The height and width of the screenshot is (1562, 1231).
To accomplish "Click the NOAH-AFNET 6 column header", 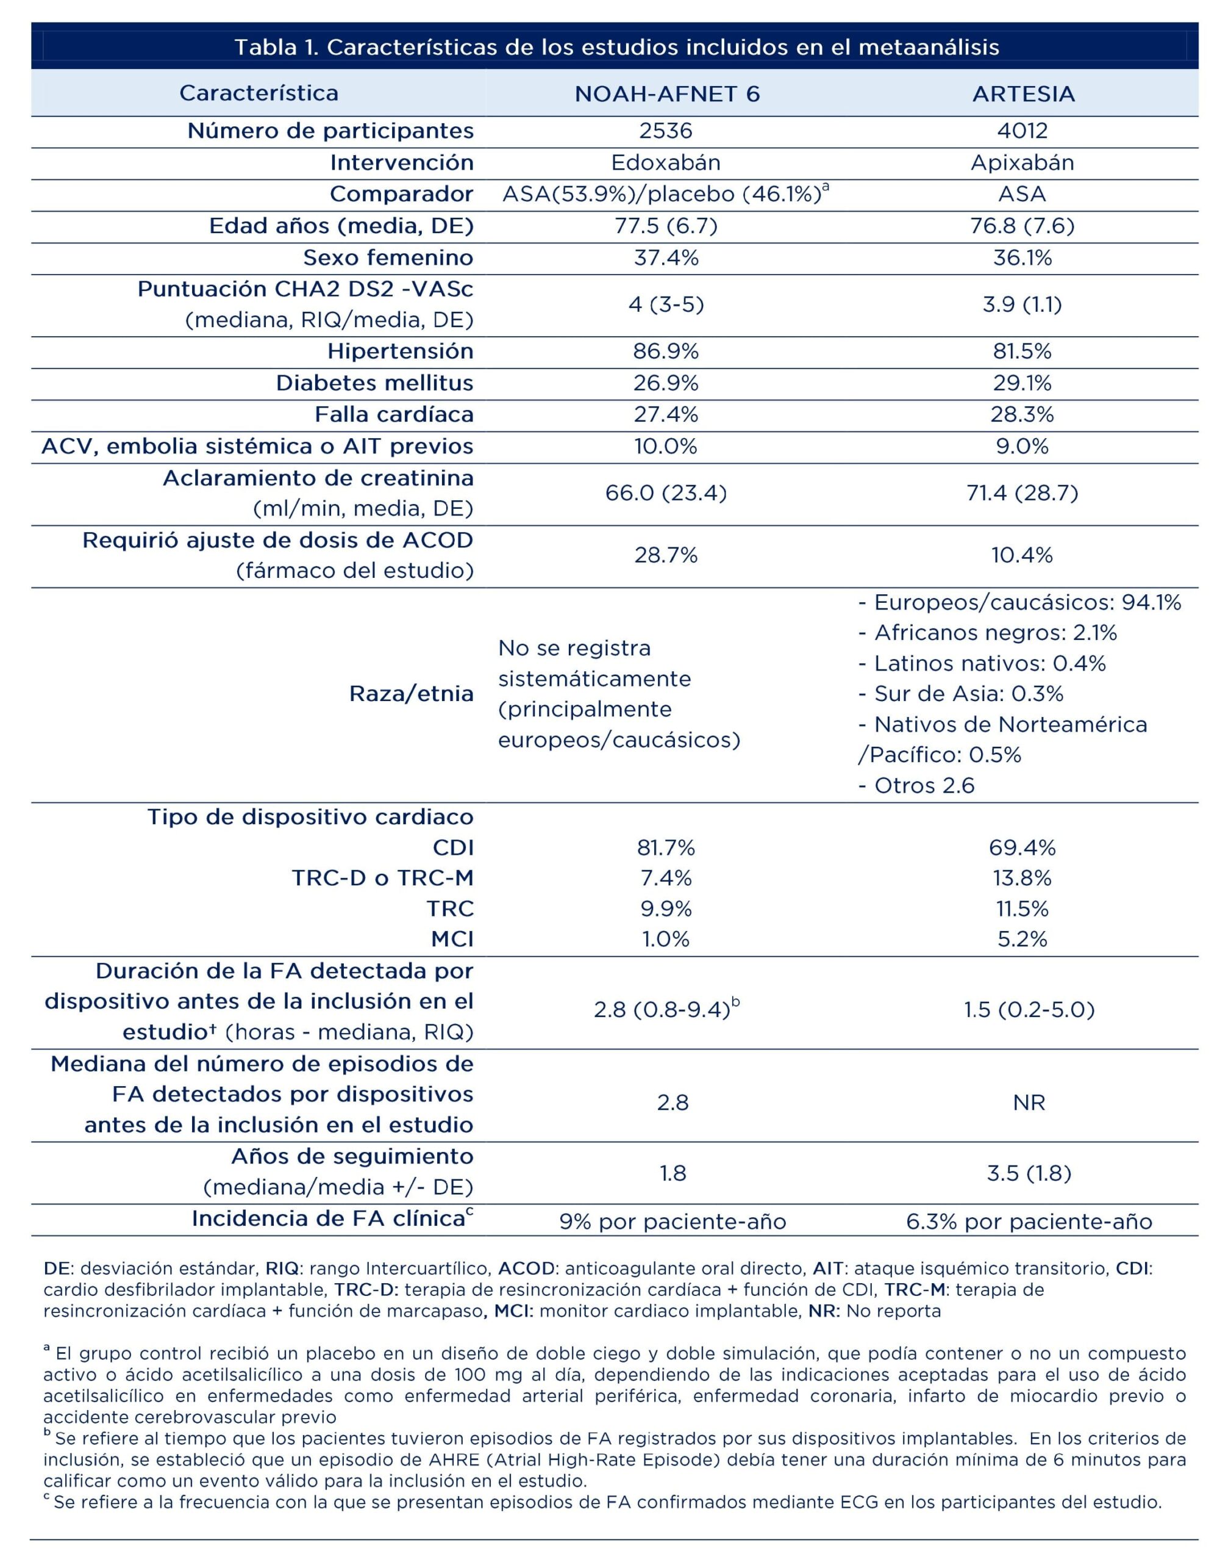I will tap(666, 94).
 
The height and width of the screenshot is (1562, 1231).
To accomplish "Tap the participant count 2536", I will tap(665, 131).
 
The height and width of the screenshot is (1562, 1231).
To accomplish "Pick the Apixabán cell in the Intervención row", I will tap(1022, 162).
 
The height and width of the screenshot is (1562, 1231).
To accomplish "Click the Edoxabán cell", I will tap(665, 162).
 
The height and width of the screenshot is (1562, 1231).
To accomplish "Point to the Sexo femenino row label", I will tap(388, 257).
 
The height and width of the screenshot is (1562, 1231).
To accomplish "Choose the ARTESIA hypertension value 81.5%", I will tap(1022, 351).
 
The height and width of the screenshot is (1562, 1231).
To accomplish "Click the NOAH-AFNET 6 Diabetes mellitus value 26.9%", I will tap(665, 383).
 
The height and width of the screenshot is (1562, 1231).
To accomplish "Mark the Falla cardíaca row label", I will tap(393, 415).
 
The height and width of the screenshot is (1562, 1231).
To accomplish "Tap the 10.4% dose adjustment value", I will tap(1022, 555).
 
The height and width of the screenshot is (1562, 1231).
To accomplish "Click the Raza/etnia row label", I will tap(411, 694).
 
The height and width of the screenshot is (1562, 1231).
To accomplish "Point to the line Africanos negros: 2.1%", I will tap(987, 633).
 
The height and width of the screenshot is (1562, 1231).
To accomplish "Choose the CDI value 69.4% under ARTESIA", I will tap(1022, 848).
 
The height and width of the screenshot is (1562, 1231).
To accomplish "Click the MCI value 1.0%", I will tap(665, 939).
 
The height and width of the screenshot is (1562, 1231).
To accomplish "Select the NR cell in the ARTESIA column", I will tap(1029, 1103).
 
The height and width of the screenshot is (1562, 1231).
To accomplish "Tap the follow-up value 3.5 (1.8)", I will tap(1029, 1173).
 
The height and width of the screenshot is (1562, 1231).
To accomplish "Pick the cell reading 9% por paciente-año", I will tap(673, 1222).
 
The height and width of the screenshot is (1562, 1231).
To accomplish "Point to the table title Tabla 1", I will tap(616, 48).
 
